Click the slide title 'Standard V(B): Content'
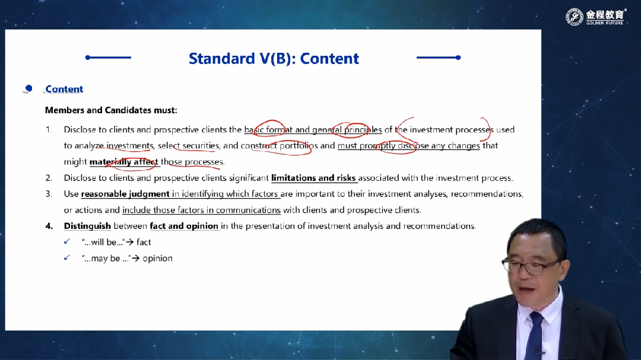pyautogui.click(x=274, y=59)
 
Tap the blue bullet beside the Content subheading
pyautogui.click(x=28, y=88)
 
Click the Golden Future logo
pyautogui.click(x=596, y=17)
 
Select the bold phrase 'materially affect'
pyautogui.click(x=123, y=162)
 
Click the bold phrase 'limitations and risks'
pyautogui.click(x=313, y=178)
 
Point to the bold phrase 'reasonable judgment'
pyautogui.click(x=125, y=194)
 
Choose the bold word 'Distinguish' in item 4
pyautogui.click(x=87, y=226)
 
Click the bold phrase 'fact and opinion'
pyautogui.click(x=184, y=226)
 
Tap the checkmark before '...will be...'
pyautogui.click(x=66, y=241)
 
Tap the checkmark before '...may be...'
pyautogui.click(x=66, y=257)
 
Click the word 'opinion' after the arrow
pyautogui.click(x=157, y=258)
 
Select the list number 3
pyautogui.click(x=49, y=194)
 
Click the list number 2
pyautogui.click(x=49, y=178)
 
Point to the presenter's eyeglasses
pyautogui.click(x=531, y=266)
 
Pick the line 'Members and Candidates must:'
pyautogui.click(x=111, y=110)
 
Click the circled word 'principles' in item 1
pyautogui.click(x=363, y=130)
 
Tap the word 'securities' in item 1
pyautogui.click(x=201, y=146)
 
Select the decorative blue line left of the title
pyautogui.click(x=109, y=58)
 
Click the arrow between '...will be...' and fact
pyautogui.click(x=130, y=243)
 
